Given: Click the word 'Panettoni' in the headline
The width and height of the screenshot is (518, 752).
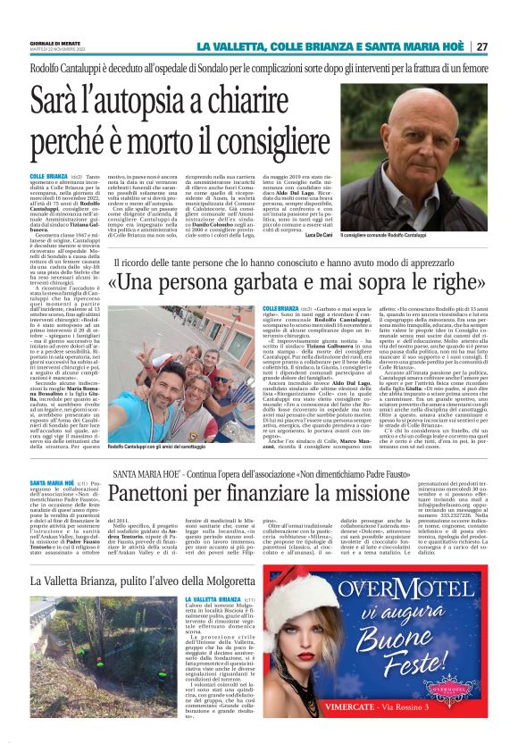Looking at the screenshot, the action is point(163,493).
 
